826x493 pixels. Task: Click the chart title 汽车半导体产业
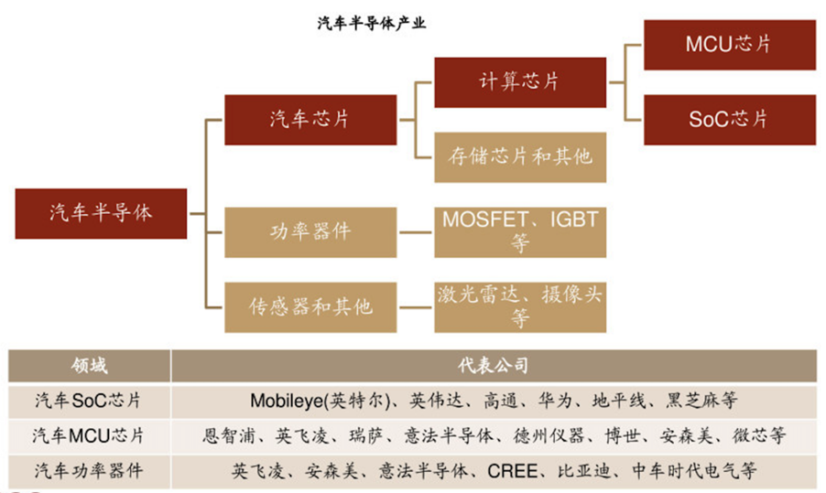coord(372,24)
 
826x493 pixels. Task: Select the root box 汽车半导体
coord(101,213)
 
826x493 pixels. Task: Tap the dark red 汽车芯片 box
coord(310,119)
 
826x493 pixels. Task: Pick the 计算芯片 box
coord(519,80)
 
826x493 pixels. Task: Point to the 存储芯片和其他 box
coord(519,156)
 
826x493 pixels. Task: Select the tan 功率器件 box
coord(310,231)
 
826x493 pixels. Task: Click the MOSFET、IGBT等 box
coord(519,231)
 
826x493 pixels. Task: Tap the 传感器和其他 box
coord(310,306)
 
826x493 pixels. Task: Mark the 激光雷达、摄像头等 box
coord(519,306)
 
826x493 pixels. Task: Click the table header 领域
coord(89,366)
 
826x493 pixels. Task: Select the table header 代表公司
coord(494,366)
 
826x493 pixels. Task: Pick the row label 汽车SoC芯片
coord(89,401)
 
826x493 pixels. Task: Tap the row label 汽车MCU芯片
coord(89,435)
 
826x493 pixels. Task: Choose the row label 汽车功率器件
coord(89,471)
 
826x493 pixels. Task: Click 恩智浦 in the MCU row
coord(223,435)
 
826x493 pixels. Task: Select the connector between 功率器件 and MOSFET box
coord(416,231)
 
